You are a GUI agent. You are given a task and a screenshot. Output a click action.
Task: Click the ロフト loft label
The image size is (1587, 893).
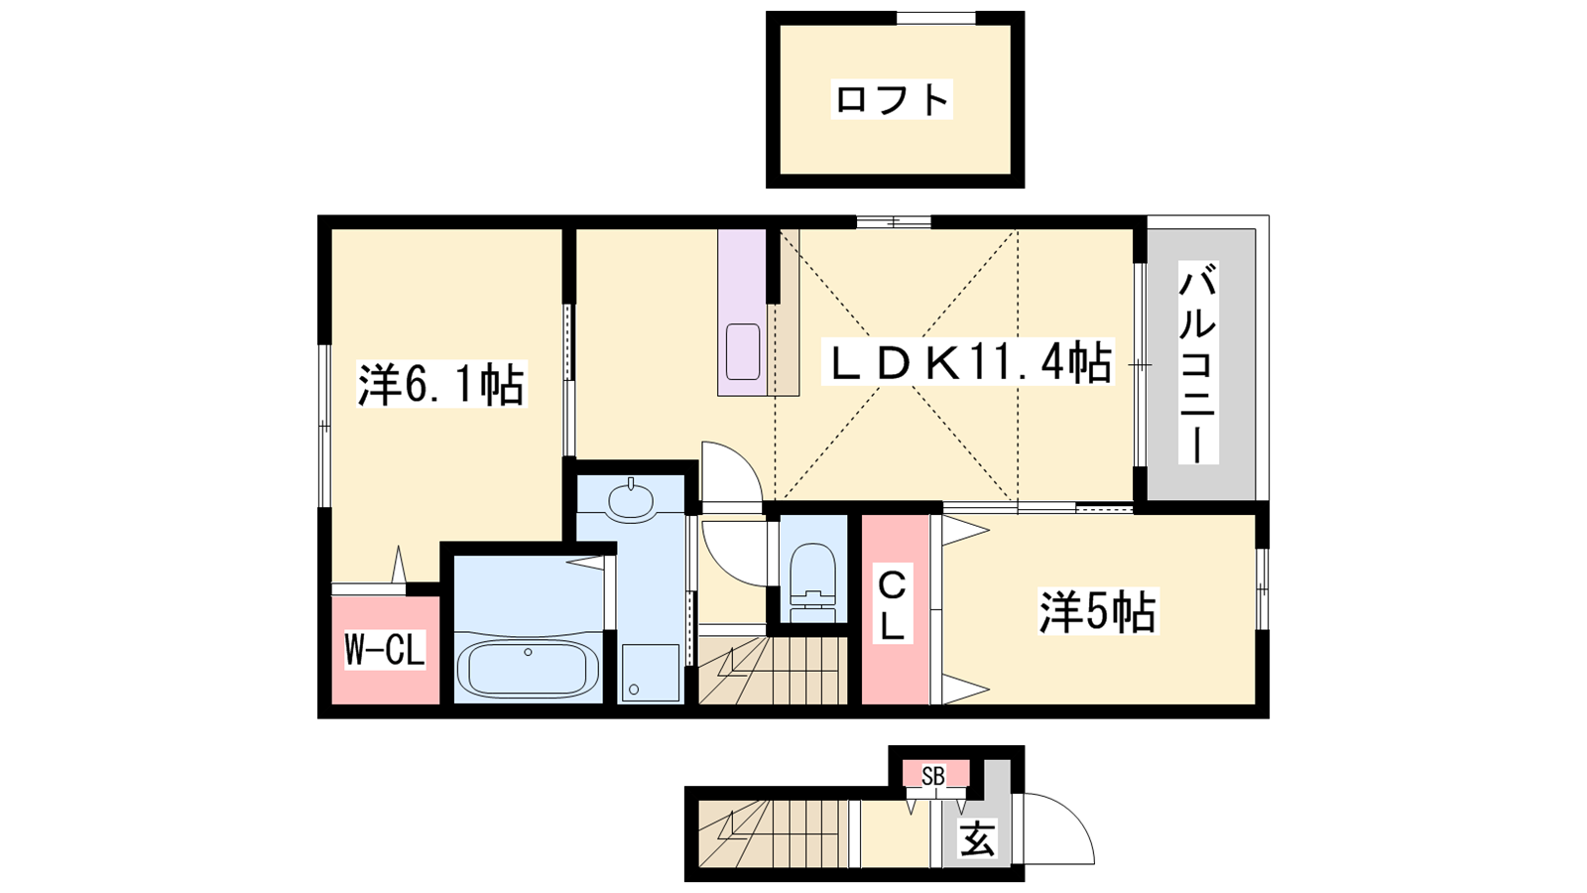tap(892, 100)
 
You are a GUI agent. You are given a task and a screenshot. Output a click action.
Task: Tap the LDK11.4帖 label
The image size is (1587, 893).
tap(968, 361)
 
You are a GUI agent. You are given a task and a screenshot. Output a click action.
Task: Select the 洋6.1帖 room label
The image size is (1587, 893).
tap(440, 385)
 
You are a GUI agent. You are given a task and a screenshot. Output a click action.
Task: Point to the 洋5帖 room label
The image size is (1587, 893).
tap(1097, 611)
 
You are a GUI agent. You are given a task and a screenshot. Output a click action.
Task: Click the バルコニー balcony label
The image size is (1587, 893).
tap(1198, 362)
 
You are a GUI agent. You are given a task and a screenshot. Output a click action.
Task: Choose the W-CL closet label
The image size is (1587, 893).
tap(385, 650)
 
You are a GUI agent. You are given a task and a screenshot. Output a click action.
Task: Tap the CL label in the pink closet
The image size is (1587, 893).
tap(892, 606)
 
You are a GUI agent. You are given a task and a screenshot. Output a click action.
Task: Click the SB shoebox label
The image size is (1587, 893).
tap(933, 777)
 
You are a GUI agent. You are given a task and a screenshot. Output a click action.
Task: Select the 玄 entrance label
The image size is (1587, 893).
tap(978, 838)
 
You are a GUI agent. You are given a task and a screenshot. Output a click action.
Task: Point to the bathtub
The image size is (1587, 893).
tap(528, 669)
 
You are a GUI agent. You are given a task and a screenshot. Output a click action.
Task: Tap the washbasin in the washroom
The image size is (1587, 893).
tap(631, 500)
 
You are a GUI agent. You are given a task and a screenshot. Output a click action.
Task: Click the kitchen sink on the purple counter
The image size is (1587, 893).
tap(743, 351)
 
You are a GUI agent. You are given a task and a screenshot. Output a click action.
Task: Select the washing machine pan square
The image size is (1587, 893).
tap(651, 673)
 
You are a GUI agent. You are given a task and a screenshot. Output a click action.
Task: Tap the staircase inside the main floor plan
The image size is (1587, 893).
tap(773, 671)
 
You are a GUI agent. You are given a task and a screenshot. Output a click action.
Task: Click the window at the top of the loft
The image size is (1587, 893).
tap(936, 18)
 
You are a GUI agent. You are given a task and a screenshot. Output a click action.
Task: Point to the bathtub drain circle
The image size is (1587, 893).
tap(528, 652)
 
